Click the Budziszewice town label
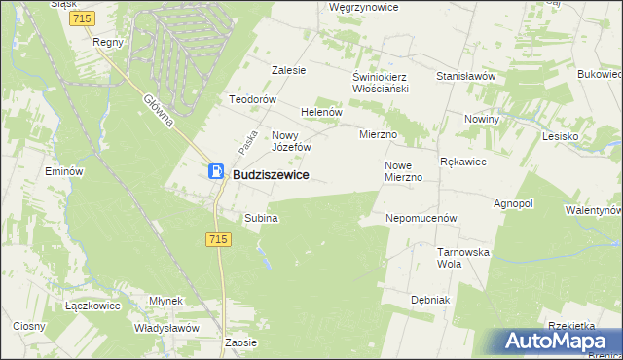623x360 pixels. point(272,174)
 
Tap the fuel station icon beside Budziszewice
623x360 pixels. point(216,172)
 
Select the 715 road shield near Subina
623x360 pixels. point(218,239)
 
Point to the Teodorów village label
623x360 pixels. point(254,100)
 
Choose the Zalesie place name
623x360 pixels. point(289,70)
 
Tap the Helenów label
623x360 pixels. point(322,112)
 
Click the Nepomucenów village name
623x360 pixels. point(421,219)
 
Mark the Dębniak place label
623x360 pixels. point(429,300)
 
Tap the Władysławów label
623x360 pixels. point(166,328)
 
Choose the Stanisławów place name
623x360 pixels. point(466,76)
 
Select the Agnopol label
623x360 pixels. point(514,204)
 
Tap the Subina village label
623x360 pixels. point(262,219)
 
